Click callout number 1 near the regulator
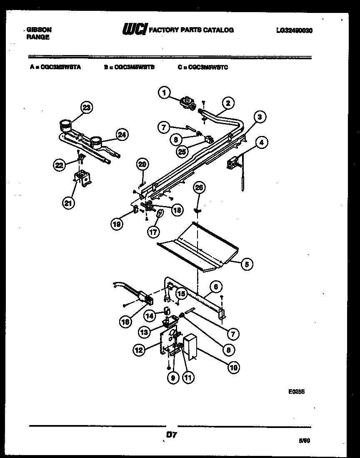pyautogui.click(x=165, y=93)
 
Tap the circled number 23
pyautogui.click(x=86, y=108)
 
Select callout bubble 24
pyautogui.click(x=122, y=134)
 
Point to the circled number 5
pyautogui.click(x=247, y=263)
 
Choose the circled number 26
pyautogui.click(x=199, y=188)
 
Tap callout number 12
pyautogui.click(x=139, y=351)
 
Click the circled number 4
pyautogui.click(x=261, y=143)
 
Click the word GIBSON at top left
pyautogui.click(x=39, y=30)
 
